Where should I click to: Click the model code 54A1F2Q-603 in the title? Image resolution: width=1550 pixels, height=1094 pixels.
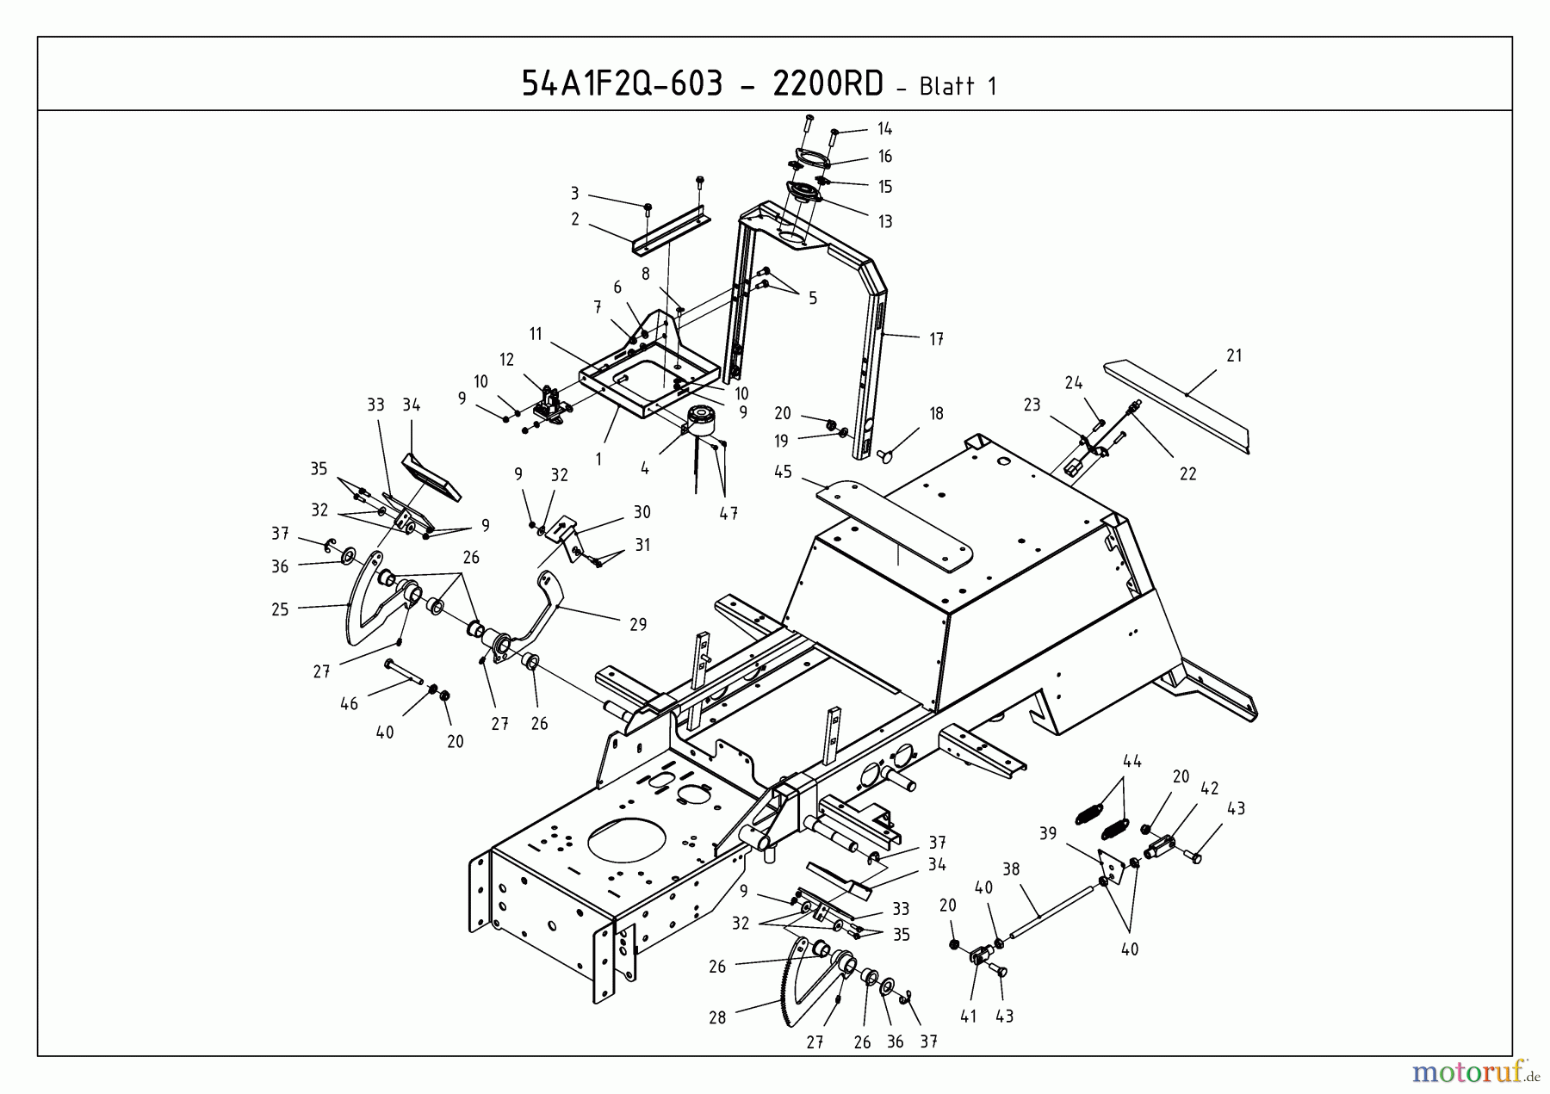tap(622, 83)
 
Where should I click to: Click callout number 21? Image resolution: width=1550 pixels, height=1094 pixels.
tap(1234, 355)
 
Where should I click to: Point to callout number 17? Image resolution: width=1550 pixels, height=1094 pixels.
tap(936, 339)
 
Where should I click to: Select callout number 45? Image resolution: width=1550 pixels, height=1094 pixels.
tap(783, 472)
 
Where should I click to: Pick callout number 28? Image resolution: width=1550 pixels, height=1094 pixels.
tap(717, 1017)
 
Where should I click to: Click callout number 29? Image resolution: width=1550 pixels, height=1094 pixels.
tap(638, 624)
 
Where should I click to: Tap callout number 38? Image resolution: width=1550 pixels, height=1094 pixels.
tap(1011, 869)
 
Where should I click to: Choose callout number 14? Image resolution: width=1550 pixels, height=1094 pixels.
tap(884, 129)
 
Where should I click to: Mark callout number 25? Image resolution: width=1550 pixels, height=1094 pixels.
tap(280, 609)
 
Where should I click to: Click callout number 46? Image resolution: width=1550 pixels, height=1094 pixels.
tap(349, 703)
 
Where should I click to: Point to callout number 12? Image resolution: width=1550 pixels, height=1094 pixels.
tap(506, 360)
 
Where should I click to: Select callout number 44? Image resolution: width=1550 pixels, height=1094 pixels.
tap(1132, 761)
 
